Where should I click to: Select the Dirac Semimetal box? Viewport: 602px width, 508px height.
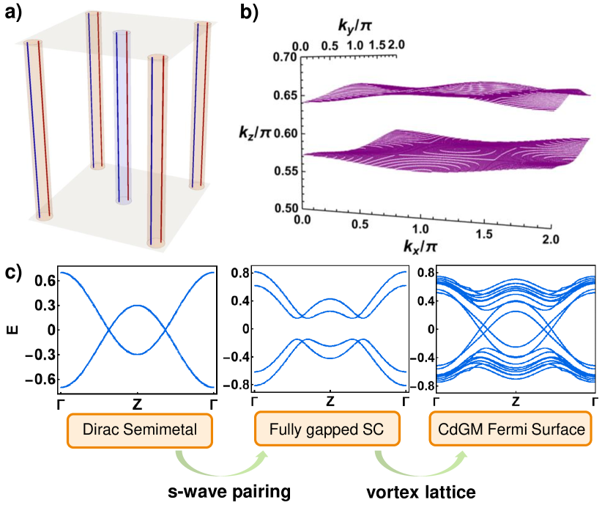pos(140,430)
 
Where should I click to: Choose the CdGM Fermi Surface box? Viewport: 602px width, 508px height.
pos(516,430)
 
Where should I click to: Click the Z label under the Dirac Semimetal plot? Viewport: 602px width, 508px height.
pos(137,403)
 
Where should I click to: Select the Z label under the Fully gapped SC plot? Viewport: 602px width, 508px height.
pos(330,403)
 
